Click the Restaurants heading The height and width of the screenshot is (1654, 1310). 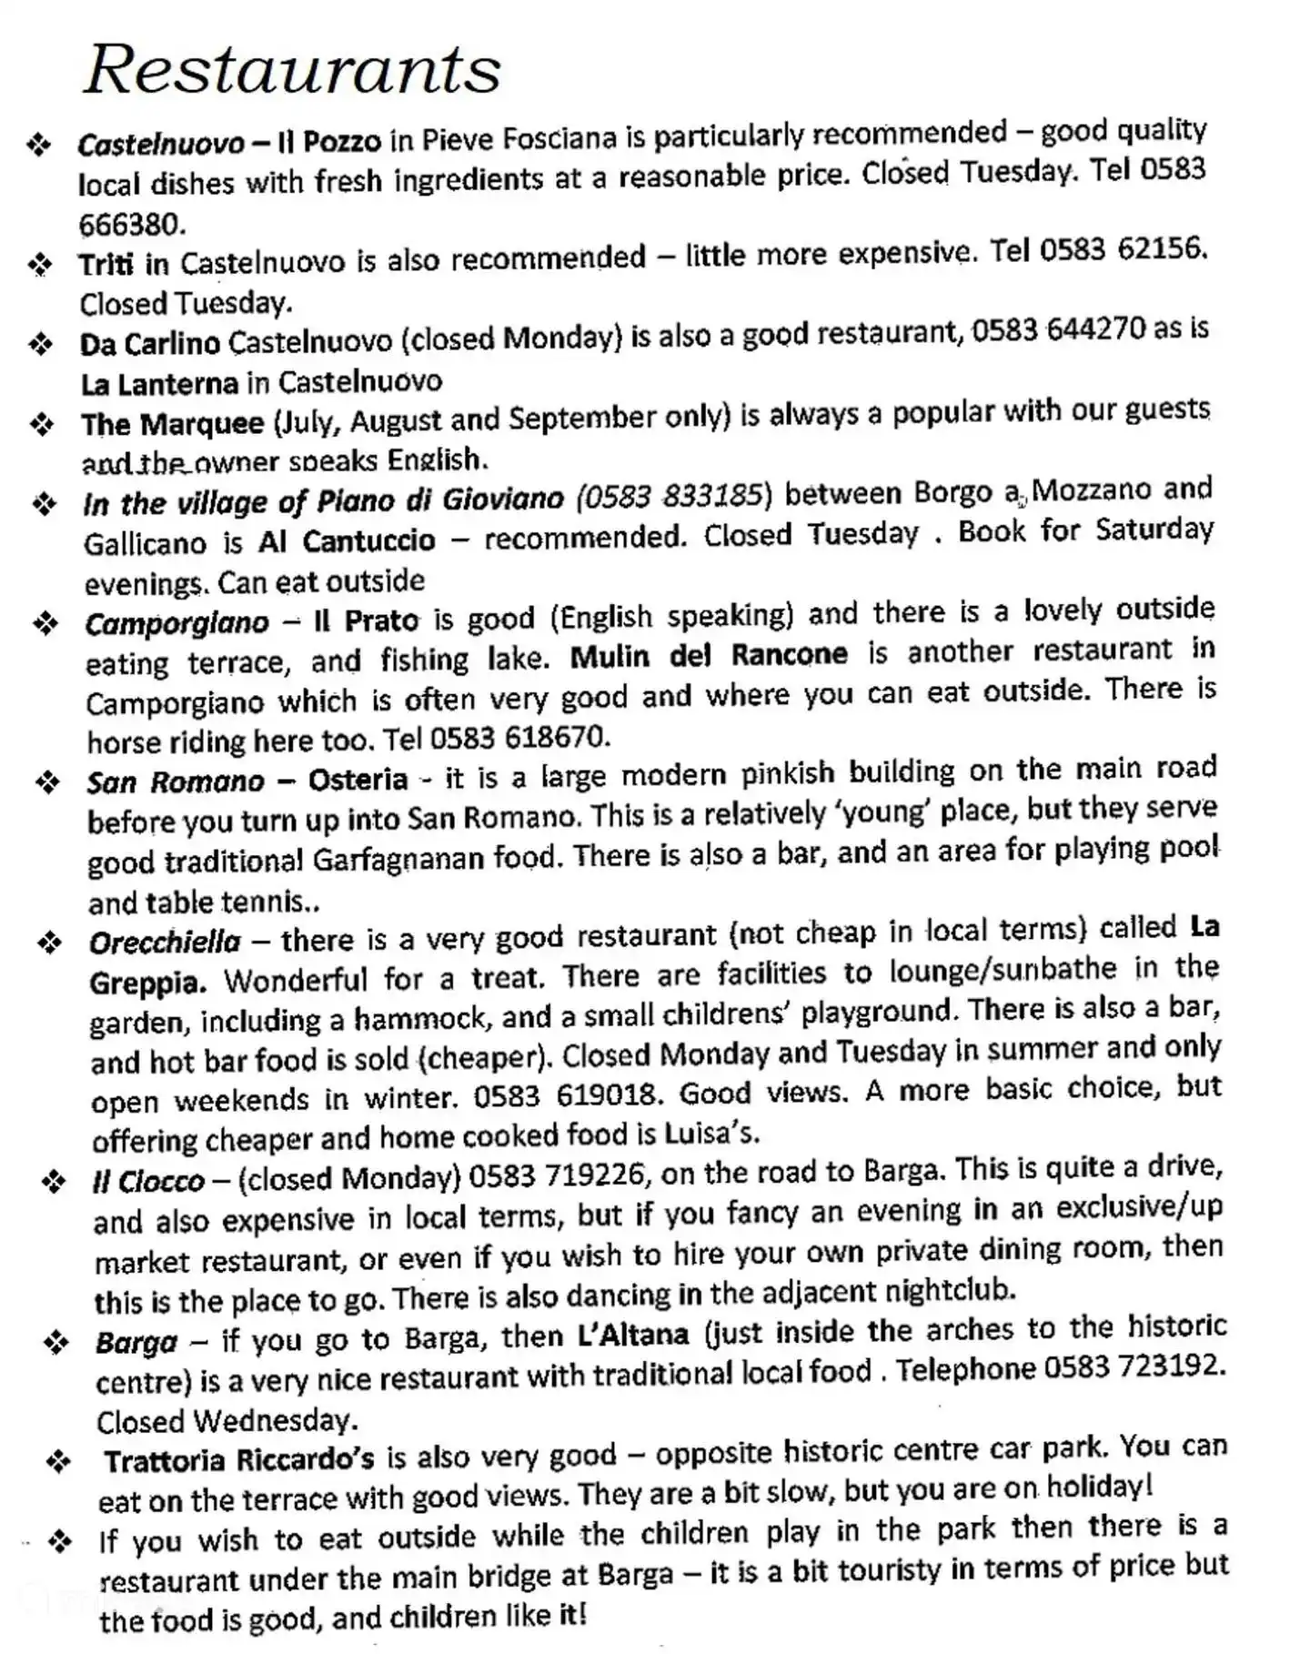(x=292, y=69)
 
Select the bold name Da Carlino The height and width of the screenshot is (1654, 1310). (x=150, y=343)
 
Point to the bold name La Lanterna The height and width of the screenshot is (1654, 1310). (x=159, y=384)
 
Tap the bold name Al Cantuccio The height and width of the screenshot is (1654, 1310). (x=347, y=541)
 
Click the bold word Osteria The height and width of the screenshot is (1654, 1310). (x=358, y=780)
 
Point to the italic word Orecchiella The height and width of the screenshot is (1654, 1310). (x=165, y=942)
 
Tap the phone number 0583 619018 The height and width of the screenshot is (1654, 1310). (x=564, y=1094)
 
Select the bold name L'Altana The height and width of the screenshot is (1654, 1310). (x=633, y=1335)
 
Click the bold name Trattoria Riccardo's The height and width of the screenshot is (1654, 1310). (x=238, y=1459)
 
